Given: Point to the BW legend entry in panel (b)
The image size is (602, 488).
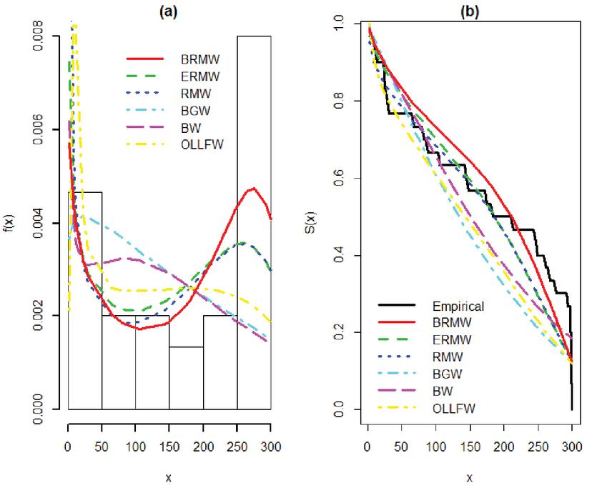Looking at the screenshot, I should (448, 392).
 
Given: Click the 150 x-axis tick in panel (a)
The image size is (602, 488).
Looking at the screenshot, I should (169, 447).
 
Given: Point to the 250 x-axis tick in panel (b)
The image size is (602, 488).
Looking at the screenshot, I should (538, 447).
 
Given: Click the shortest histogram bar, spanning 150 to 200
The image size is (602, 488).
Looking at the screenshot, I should (186, 378).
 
